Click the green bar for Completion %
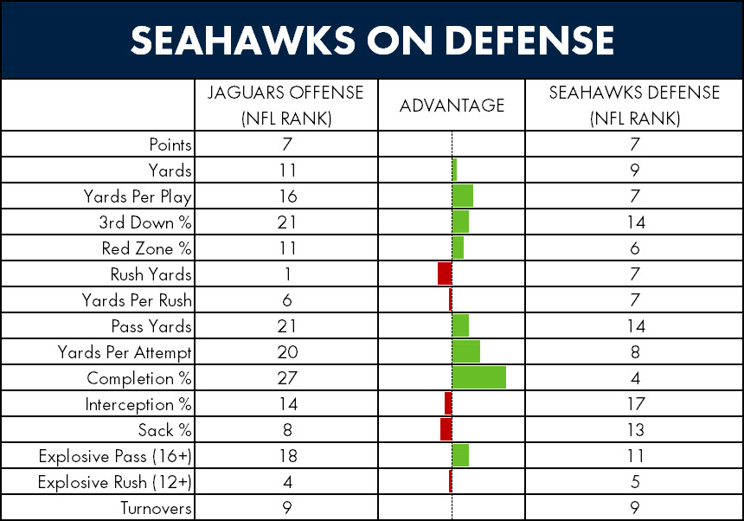point(478,377)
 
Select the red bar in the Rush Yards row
point(445,273)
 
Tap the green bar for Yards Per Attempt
point(466,351)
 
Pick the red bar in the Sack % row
point(446,429)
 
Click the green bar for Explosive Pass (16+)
point(460,455)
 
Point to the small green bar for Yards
point(454,170)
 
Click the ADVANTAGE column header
point(452,106)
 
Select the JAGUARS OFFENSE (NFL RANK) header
point(285,106)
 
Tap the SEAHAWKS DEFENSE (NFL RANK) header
point(634,106)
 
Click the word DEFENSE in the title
point(529,41)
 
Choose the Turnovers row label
point(156,508)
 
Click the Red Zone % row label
point(146,248)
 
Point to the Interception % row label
point(138,404)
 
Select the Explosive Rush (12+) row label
point(115,482)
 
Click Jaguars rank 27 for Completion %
point(287,378)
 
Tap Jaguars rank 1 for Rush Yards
point(287,274)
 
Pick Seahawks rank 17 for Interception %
point(636,404)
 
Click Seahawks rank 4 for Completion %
point(636,378)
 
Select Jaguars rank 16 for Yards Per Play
point(287,196)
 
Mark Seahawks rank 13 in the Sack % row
point(636,430)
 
